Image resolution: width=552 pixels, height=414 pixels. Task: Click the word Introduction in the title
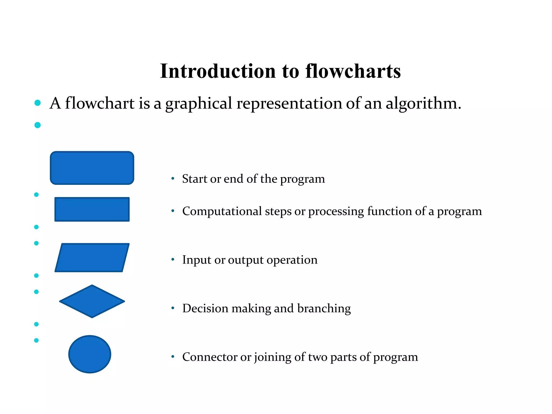click(x=218, y=71)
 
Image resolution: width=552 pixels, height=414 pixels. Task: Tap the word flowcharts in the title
click(x=353, y=71)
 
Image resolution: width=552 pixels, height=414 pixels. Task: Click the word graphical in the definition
click(x=198, y=103)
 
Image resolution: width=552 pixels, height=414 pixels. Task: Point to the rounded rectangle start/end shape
click(x=92, y=168)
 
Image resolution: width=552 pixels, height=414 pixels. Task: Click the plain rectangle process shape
click(x=92, y=209)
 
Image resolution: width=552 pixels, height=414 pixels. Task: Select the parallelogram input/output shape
click(x=92, y=258)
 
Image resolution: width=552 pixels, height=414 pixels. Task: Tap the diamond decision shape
click(x=92, y=301)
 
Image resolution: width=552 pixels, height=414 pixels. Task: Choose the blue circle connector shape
click(x=90, y=354)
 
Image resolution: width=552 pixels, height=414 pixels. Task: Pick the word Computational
click(x=222, y=211)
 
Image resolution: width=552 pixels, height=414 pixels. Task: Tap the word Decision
click(x=205, y=308)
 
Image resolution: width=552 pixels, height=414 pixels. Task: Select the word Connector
click(x=209, y=357)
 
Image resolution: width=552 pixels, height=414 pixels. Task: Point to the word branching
click(x=324, y=308)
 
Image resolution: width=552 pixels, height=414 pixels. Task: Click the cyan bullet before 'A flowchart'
click(x=37, y=103)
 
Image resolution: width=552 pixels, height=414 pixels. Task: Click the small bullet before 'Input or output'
click(x=173, y=260)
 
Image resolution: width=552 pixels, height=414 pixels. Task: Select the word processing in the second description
click(x=336, y=211)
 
